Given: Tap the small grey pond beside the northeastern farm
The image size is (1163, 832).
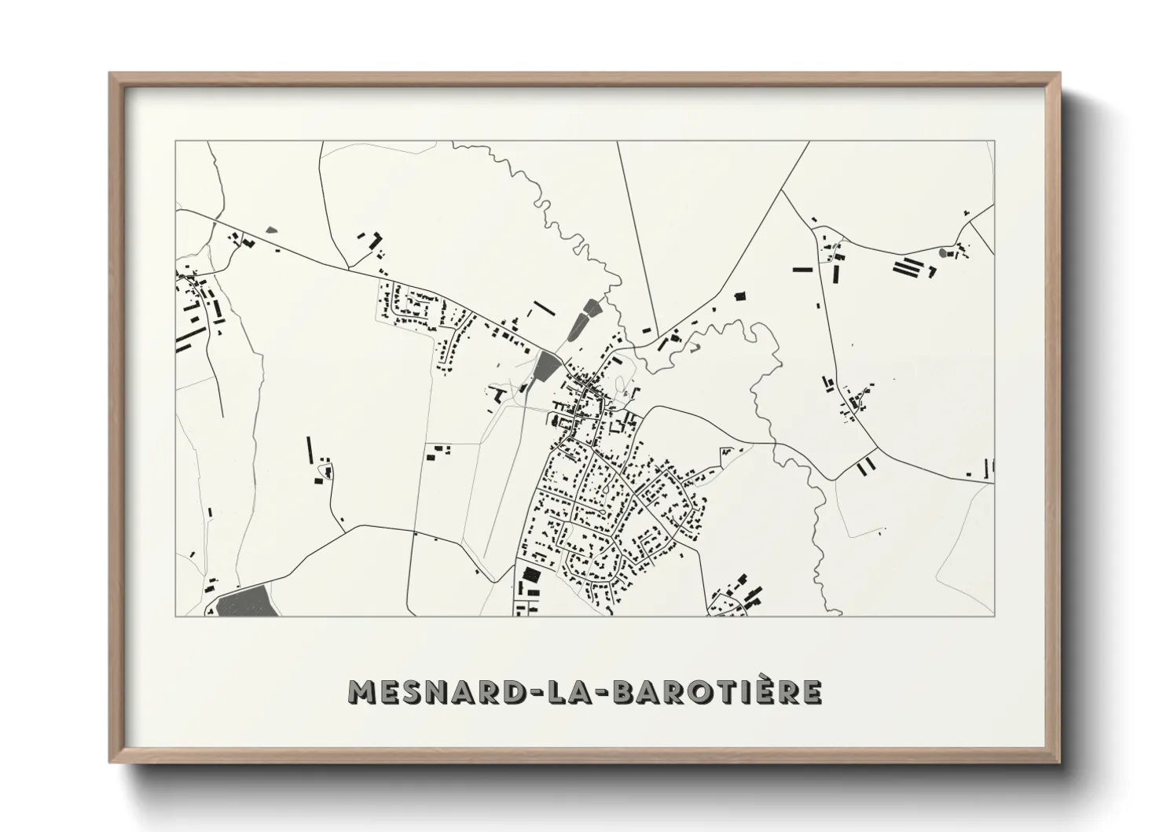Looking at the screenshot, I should click(x=943, y=253).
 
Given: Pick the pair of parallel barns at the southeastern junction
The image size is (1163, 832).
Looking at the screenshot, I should click(x=866, y=466).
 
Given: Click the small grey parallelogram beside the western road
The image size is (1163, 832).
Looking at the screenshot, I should click(x=272, y=230).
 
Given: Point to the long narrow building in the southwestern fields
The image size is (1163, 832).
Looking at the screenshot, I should click(x=310, y=450).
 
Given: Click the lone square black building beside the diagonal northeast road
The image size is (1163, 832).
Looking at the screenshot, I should click(x=738, y=296).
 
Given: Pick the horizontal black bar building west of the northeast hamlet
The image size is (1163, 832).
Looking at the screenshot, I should click(x=802, y=270).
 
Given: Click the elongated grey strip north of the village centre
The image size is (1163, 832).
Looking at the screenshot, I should click(x=583, y=319).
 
